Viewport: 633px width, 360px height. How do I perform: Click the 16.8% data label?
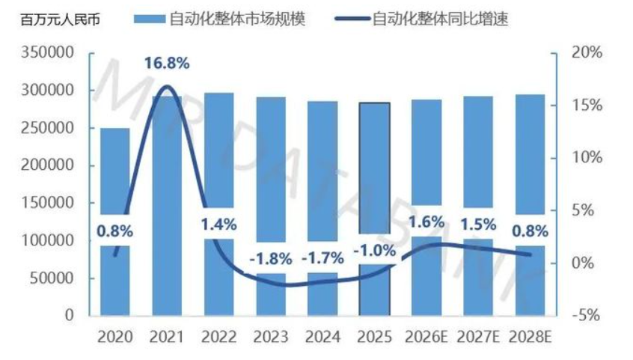point(167,63)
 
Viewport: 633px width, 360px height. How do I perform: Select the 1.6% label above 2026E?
point(426,222)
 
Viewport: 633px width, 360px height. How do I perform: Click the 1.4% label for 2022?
point(218,224)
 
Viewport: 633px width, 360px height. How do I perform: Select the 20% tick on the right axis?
point(587,53)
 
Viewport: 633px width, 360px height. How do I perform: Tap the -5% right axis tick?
point(587,316)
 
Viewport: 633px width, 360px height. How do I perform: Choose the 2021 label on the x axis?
point(167,338)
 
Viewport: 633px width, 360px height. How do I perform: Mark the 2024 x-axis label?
point(322,338)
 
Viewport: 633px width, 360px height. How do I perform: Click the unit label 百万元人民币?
point(61,19)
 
